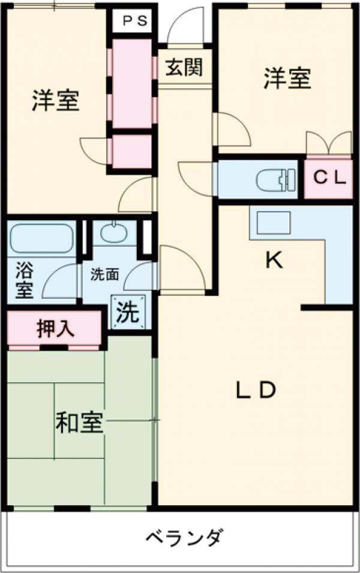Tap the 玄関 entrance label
pyautogui.click(x=184, y=67)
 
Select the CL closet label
pyautogui.click(x=328, y=178)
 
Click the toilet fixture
pyautogui.click(x=275, y=179)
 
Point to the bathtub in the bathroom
pyautogui.click(x=41, y=239)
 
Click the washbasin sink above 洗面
pyautogui.click(x=114, y=233)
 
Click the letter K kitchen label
pyautogui.click(x=274, y=260)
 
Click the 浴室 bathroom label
pyautogui.click(x=25, y=279)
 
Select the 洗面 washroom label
pyautogui.click(x=104, y=275)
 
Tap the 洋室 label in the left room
pyautogui.click(x=55, y=100)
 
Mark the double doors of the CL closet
pyautogui.click(x=328, y=144)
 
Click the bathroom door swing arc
pyautogui.click(x=60, y=281)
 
